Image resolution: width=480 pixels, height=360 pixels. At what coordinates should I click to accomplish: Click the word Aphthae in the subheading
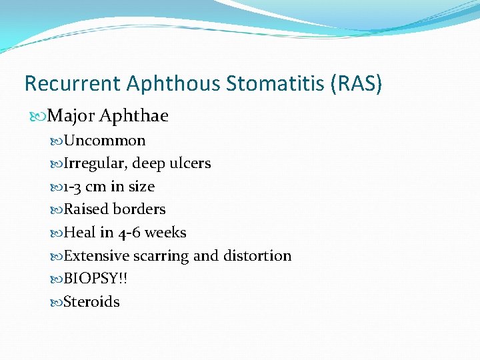pyautogui.click(x=134, y=116)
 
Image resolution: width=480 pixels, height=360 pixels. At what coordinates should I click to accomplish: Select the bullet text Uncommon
pyautogui.click(x=105, y=141)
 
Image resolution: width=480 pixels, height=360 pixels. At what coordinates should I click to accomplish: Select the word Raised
pyautogui.click(x=85, y=209)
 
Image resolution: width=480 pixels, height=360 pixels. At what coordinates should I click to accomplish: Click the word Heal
pyautogui.click(x=79, y=233)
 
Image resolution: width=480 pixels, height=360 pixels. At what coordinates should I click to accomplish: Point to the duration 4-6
pyautogui.click(x=129, y=233)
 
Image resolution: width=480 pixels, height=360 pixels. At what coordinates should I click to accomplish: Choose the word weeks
pyautogui.click(x=166, y=233)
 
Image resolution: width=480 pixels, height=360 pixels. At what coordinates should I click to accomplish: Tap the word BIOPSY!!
pyautogui.click(x=96, y=279)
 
